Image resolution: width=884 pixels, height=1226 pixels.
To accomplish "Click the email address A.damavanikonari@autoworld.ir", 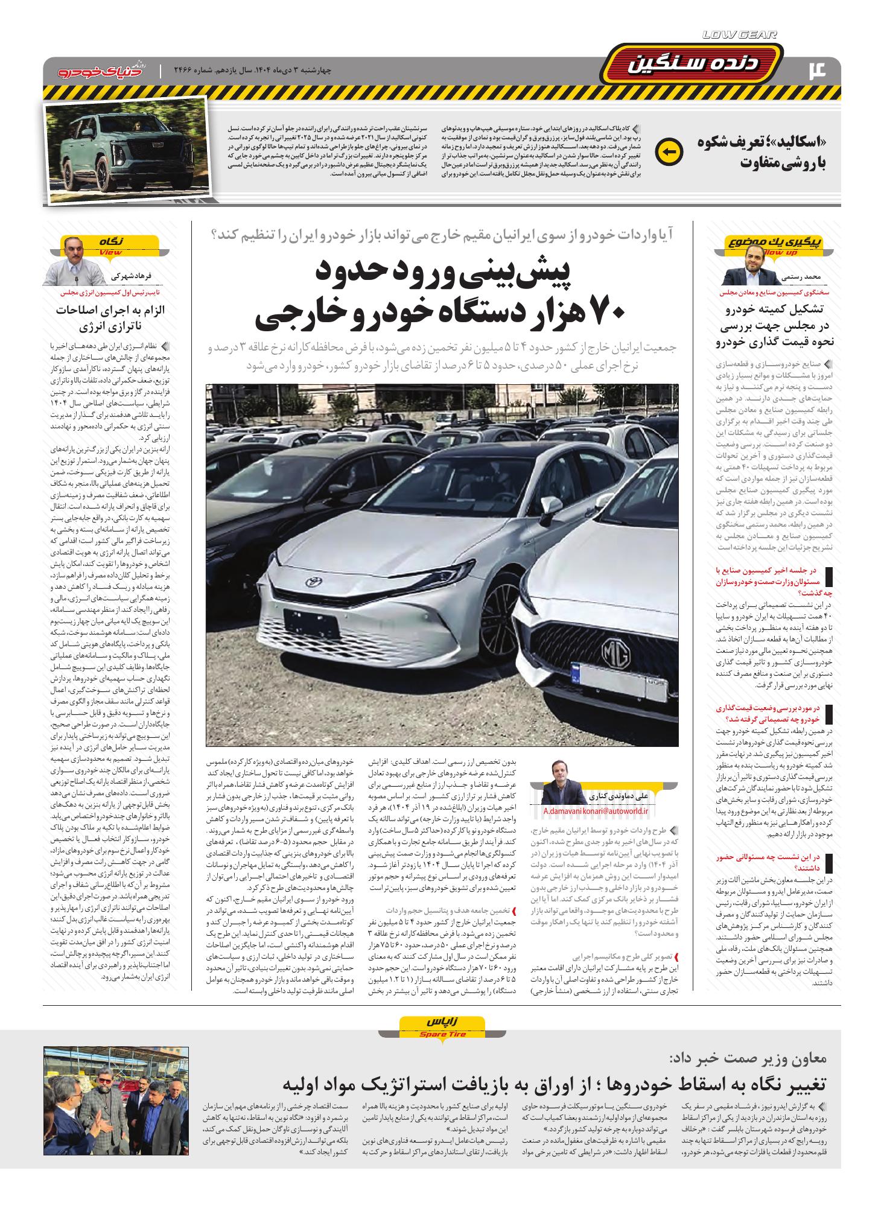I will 594,812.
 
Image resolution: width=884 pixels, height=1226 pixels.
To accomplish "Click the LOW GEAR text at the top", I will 740,36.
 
